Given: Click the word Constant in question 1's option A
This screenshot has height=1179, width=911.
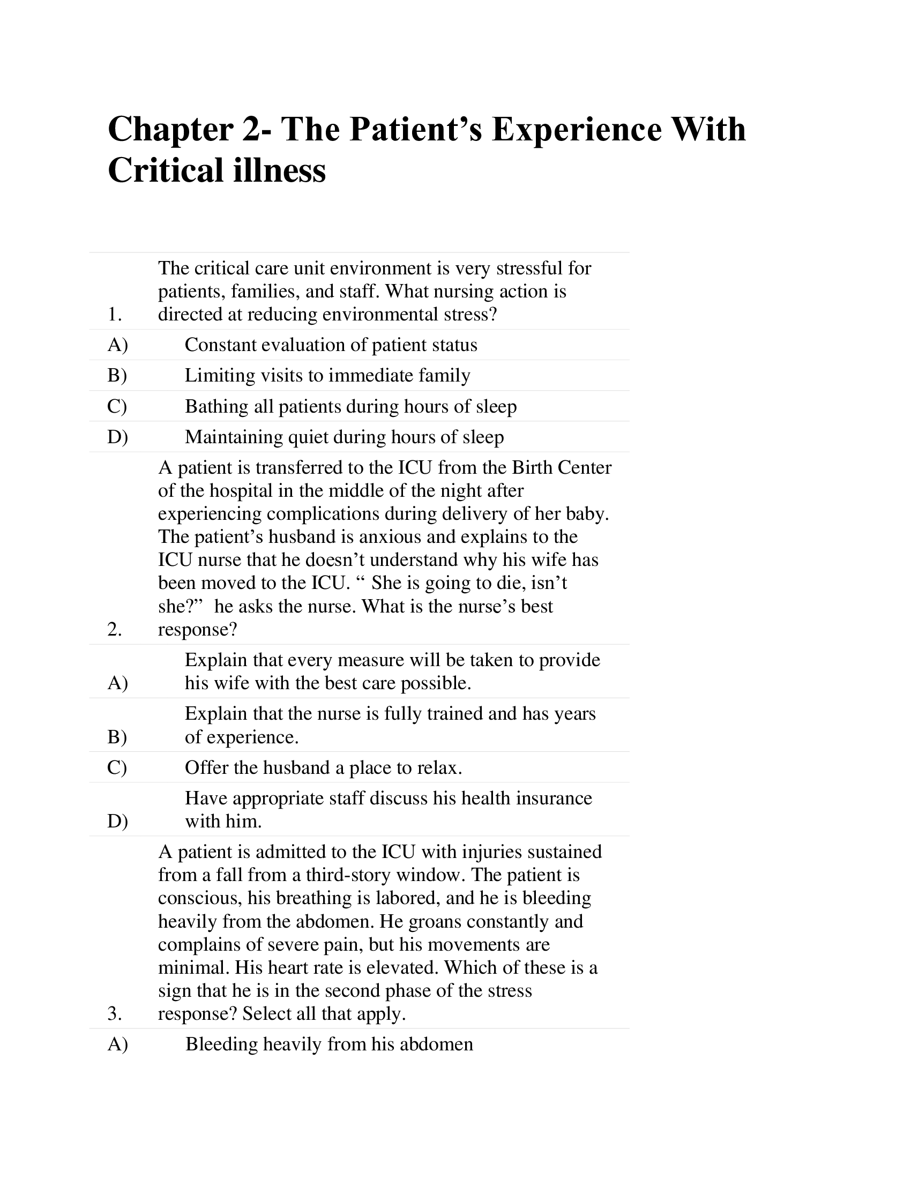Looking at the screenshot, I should tap(220, 345).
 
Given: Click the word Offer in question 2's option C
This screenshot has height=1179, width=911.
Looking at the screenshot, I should tap(207, 767).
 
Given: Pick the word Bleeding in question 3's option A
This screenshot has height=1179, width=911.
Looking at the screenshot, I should tap(222, 1044).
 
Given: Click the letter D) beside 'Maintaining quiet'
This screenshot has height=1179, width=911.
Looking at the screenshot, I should tap(118, 437).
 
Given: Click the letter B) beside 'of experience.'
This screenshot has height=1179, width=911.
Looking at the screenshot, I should tap(117, 737).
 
